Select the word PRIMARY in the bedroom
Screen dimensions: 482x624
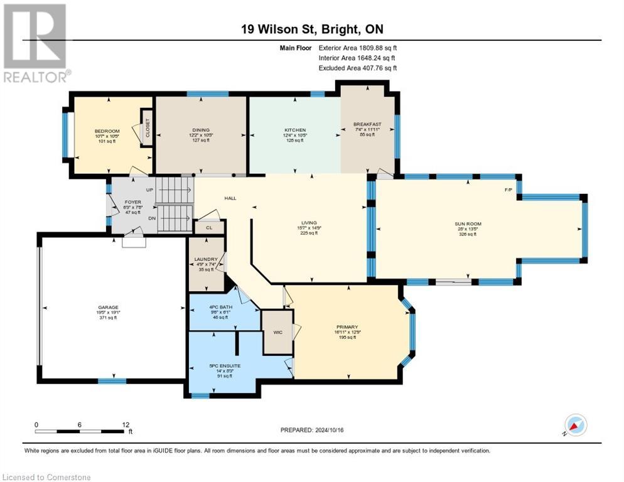coord(347,327)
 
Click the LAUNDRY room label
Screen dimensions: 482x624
coord(206,259)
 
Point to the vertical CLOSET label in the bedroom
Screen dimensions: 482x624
coord(148,128)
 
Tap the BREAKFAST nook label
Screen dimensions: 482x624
coord(368,124)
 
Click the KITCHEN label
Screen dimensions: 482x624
coord(294,130)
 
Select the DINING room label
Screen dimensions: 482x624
coord(202,130)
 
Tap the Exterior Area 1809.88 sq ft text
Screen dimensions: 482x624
coord(358,47)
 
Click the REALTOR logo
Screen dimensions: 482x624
coord(36,43)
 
